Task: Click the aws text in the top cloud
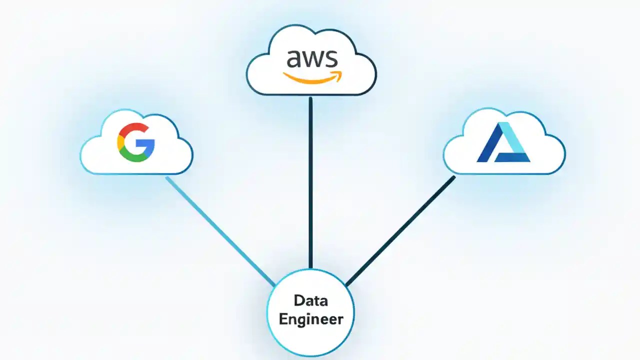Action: (x=311, y=59)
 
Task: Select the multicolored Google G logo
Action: (x=136, y=142)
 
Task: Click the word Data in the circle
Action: (x=310, y=300)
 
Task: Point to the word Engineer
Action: (x=310, y=319)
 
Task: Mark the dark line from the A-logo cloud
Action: (x=400, y=230)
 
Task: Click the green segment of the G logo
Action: (x=134, y=157)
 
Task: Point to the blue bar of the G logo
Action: (x=147, y=143)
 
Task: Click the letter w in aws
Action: (x=312, y=60)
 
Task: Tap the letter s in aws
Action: (x=330, y=60)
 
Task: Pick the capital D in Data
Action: (x=298, y=300)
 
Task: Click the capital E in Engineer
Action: (x=283, y=319)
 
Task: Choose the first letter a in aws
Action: (x=293, y=60)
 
